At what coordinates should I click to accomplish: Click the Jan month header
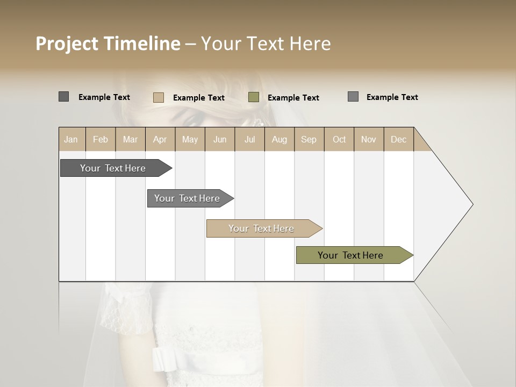click(x=71, y=139)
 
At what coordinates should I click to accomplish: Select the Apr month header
click(x=160, y=139)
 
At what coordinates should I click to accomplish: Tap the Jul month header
click(x=249, y=139)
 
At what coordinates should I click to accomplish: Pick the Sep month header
click(x=309, y=139)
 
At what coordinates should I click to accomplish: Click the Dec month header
click(x=398, y=139)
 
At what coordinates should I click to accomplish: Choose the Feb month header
click(x=101, y=139)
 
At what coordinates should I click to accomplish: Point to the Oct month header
click(x=339, y=139)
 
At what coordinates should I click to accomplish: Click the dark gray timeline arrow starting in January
click(x=113, y=168)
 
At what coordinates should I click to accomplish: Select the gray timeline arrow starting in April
click(x=187, y=198)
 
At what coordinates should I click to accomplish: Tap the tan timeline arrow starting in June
click(x=261, y=228)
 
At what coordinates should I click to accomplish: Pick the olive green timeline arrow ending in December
click(x=350, y=255)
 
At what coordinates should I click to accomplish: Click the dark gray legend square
click(x=64, y=97)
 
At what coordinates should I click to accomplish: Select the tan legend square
click(x=159, y=97)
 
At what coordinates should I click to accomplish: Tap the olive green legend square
click(x=254, y=97)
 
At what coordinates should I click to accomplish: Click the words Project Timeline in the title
click(x=107, y=44)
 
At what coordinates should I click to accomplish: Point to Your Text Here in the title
click(x=266, y=44)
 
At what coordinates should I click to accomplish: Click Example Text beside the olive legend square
click(x=293, y=98)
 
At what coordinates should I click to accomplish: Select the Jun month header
click(x=220, y=139)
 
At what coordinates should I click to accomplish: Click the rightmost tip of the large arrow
click(x=472, y=204)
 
